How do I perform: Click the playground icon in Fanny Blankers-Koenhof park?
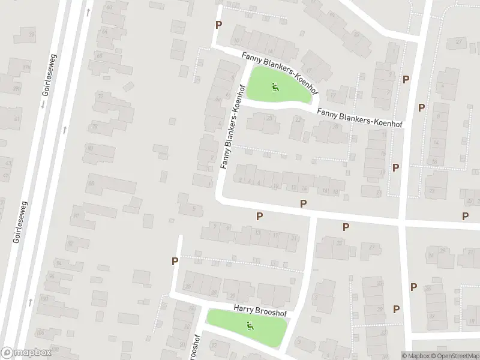coord(275,88)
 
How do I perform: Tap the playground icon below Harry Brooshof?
coord(250,326)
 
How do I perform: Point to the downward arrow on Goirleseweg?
coord(43,104)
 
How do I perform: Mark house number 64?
coord(105,31)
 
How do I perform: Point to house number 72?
coord(100,96)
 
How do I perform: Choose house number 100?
coord(43,298)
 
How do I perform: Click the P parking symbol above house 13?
coord(260,216)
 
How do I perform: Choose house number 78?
coord(95,126)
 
